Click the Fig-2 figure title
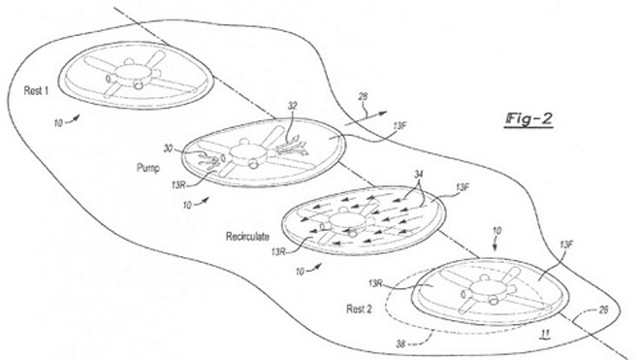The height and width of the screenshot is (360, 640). (528, 119)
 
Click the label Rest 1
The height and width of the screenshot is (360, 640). (36, 90)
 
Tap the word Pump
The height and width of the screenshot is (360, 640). (148, 168)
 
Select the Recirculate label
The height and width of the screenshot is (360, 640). (247, 236)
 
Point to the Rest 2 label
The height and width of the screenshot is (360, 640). (359, 309)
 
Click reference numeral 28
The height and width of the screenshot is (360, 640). (363, 97)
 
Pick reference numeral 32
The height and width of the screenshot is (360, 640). (292, 106)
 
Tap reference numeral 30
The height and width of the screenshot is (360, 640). (168, 148)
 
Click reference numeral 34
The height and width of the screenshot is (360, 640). (418, 175)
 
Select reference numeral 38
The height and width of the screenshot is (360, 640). (401, 344)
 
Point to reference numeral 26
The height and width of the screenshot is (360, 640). (603, 310)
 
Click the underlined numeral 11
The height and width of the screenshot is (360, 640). (545, 334)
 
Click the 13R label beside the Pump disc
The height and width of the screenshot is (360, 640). (178, 185)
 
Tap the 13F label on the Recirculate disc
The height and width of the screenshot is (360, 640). (463, 187)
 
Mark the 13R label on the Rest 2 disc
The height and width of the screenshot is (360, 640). (375, 283)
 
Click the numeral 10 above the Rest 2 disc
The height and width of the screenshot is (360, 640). (496, 231)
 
